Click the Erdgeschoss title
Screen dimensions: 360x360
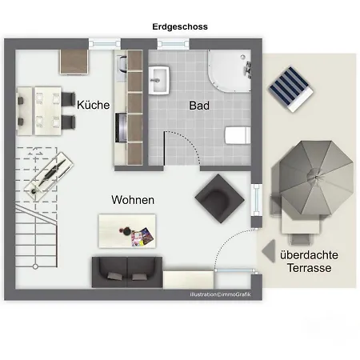pos(180,26)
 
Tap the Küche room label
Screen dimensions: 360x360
pos(93,105)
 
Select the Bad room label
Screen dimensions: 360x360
pos(199,106)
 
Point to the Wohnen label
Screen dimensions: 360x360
pos(133,200)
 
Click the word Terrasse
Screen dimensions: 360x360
pos(310,268)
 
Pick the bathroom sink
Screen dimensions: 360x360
pos(159,80)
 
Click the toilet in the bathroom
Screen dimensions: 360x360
pos(238,135)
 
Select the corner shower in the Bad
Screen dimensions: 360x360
pos(230,71)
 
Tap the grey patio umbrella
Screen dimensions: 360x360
pos(316,178)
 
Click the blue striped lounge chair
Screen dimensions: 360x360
pos(290,89)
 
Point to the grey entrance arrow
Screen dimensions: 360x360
pos(269,250)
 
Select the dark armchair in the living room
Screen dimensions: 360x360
pos(219,199)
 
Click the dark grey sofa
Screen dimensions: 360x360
pos(127,272)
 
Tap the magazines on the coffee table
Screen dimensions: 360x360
pos(142,237)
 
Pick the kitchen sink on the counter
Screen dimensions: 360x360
pos(122,64)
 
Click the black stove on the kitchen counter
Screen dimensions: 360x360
pos(121,127)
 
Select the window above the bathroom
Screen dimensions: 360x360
pos(173,44)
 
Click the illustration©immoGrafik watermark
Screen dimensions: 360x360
pos(220,294)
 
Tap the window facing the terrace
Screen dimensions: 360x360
pos(257,200)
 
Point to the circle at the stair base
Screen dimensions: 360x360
pos(35,266)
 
